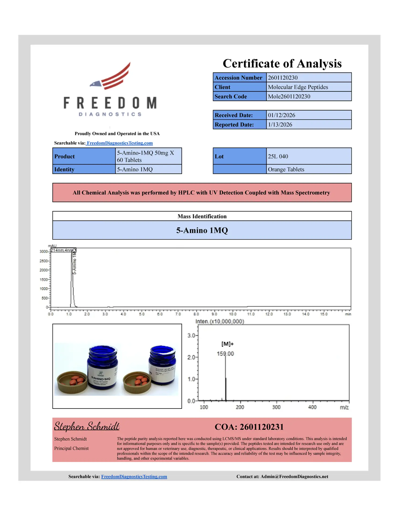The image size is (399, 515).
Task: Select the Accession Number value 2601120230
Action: (x=282, y=78)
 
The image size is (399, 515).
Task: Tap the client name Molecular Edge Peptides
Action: (x=298, y=87)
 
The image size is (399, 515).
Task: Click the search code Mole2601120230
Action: (x=289, y=97)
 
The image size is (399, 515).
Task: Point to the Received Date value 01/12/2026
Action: (x=281, y=115)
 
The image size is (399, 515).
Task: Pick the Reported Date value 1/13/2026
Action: (x=280, y=125)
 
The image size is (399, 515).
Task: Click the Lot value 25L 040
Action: (x=278, y=156)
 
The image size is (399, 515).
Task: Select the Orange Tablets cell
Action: (x=286, y=170)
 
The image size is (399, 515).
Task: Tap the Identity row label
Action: (x=64, y=170)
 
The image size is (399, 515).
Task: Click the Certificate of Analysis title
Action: (x=282, y=64)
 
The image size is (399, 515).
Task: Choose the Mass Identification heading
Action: (x=202, y=216)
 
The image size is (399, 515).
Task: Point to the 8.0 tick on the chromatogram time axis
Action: (x=196, y=314)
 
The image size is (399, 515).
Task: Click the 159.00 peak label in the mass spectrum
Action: (x=225, y=354)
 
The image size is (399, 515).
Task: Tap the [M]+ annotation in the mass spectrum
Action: (x=227, y=344)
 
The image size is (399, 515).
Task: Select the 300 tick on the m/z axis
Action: (x=276, y=407)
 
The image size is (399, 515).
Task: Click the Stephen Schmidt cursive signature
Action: (x=87, y=426)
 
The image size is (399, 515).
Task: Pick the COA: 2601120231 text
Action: (x=249, y=427)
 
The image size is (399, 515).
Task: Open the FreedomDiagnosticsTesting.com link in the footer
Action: (x=134, y=477)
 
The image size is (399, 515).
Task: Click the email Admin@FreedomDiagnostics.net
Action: (x=294, y=477)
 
